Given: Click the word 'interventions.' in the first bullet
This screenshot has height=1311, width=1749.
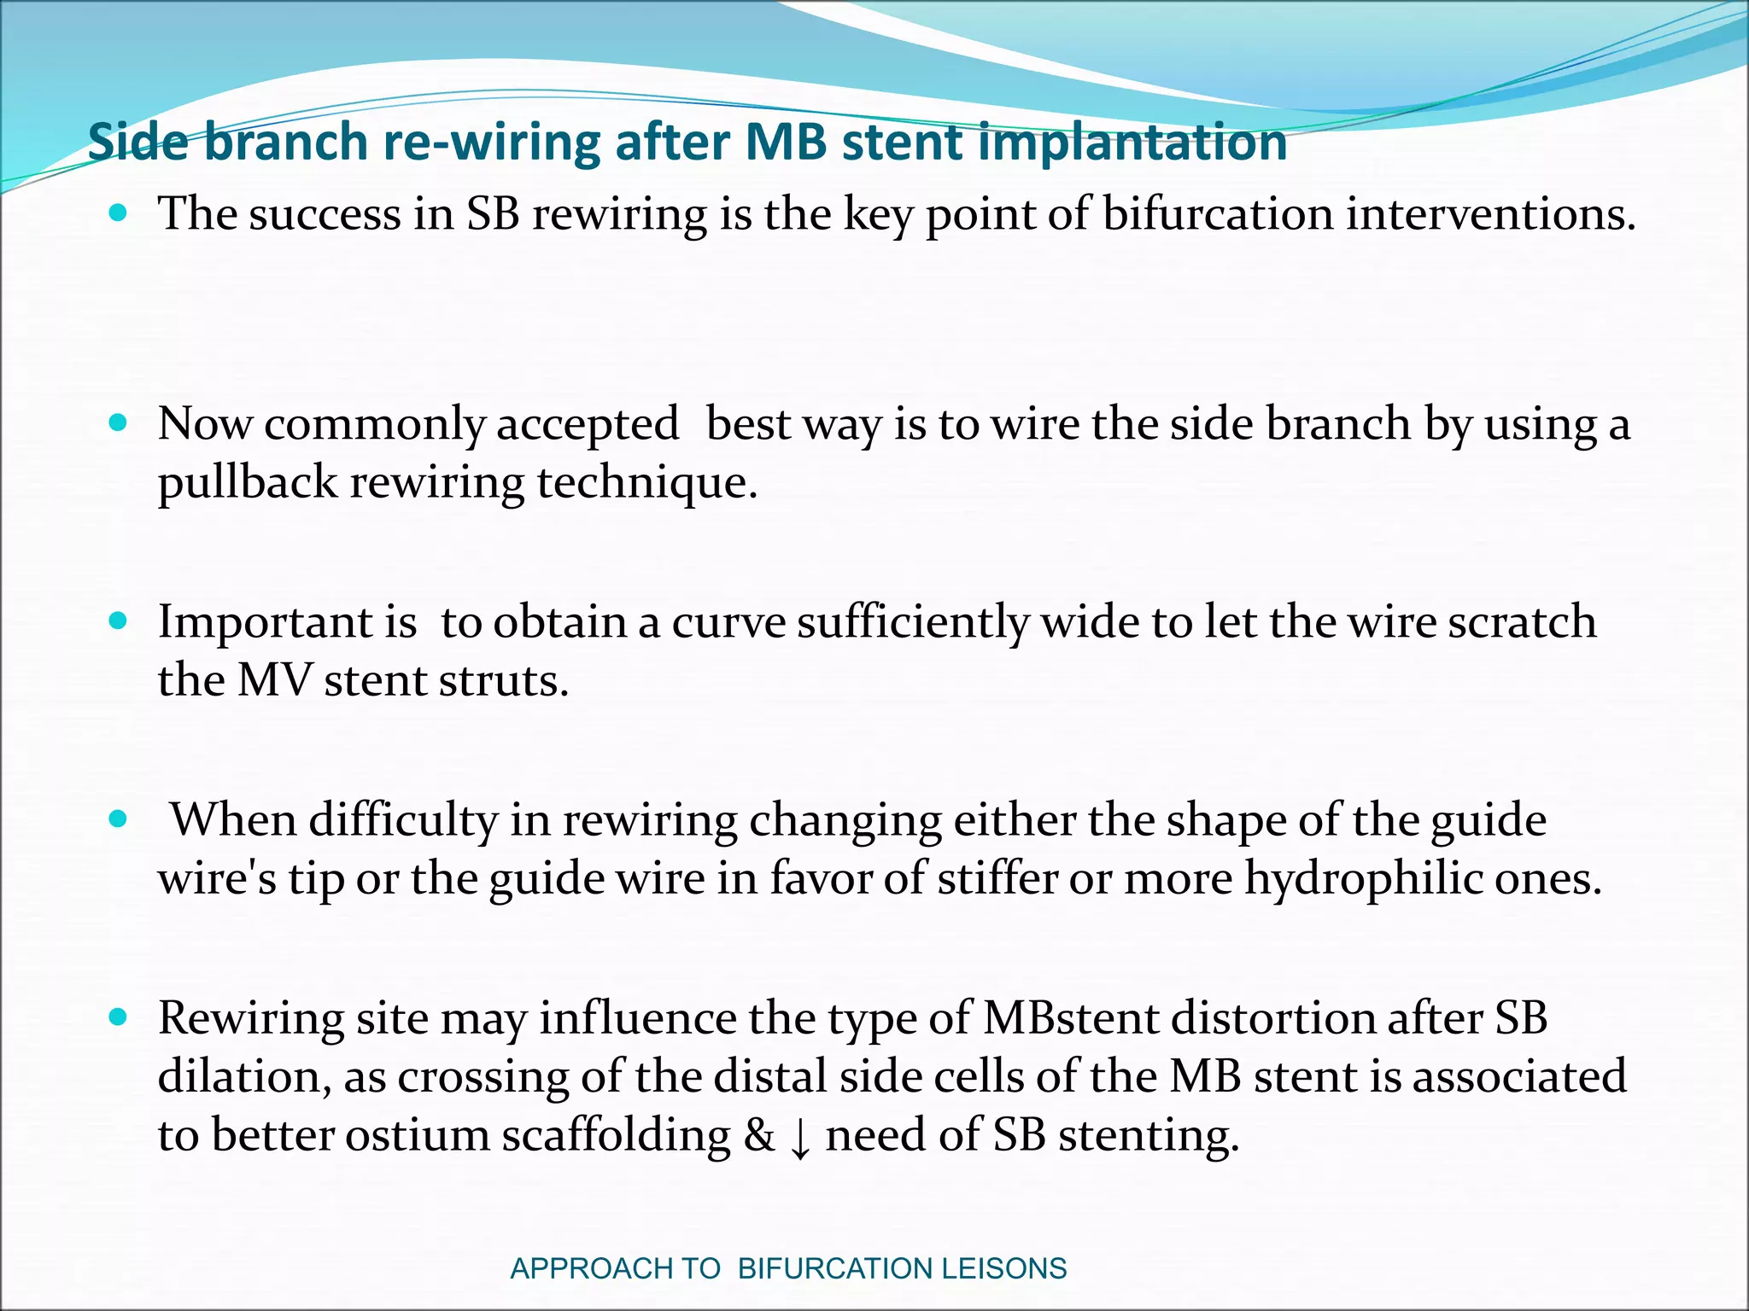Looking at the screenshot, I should [1491, 213].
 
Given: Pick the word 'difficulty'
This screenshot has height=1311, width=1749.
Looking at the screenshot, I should [402, 820].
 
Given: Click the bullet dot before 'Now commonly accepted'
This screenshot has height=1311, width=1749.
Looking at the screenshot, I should [119, 423].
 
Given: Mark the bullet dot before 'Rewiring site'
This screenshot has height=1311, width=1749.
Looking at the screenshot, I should [119, 1017].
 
